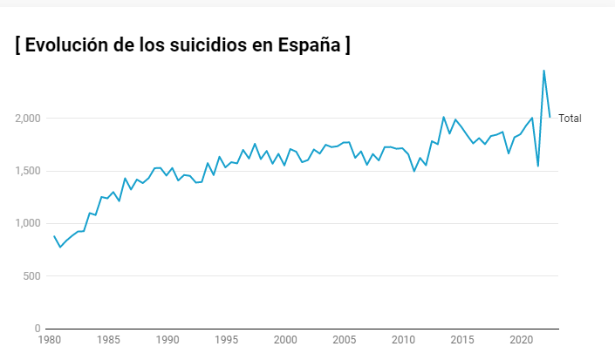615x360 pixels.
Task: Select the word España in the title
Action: click(309, 45)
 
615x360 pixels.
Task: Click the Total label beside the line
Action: click(570, 119)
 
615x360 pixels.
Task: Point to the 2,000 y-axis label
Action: click(26, 119)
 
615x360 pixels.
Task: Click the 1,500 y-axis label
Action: click(26, 171)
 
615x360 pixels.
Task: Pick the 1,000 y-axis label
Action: click(26, 223)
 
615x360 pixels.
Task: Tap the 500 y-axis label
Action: click(31, 276)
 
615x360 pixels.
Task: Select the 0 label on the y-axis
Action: click(38, 329)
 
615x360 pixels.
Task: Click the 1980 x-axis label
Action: click(50, 340)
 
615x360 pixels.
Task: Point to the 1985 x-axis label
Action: click(109, 340)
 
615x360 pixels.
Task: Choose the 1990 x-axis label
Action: click(167, 340)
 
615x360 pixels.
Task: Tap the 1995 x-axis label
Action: click(227, 340)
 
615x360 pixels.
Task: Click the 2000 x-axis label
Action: click(285, 340)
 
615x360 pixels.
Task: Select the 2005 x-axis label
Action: click(345, 340)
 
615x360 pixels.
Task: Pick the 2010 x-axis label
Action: click(403, 340)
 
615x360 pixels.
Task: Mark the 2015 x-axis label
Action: click(462, 340)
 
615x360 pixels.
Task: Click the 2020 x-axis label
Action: click(521, 340)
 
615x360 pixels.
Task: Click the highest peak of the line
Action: click(543, 71)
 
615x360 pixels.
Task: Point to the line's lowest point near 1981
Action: click(60, 247)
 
